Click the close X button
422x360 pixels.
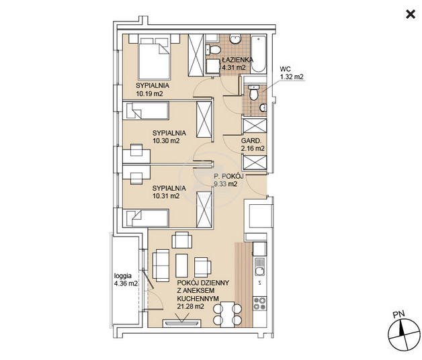tap(411, 14)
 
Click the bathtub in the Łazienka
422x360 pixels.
tap(258, 54)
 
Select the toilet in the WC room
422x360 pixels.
tap(253, 93)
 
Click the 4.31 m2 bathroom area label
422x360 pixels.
tap(234, 67)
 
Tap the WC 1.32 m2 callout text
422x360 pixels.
tap(292, 73)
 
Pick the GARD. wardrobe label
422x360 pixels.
tap(251, 140)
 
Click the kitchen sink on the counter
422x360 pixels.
tap(259, 267)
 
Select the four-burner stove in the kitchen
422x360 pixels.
tap(259, 304)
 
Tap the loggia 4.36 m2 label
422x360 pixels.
tap(126, 279)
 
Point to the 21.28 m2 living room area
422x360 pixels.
tap(191, 306)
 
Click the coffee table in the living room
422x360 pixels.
tap(181, 265)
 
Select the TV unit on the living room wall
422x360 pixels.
tap(182, 322)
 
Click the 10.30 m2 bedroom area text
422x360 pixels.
tap(166, 140)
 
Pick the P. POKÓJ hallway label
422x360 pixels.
tap(228, 176)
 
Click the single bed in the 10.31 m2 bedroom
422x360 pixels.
tap(146, 218)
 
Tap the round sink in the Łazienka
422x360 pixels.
tap(235, 39)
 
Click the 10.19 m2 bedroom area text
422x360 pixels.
tap(149, 93)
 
